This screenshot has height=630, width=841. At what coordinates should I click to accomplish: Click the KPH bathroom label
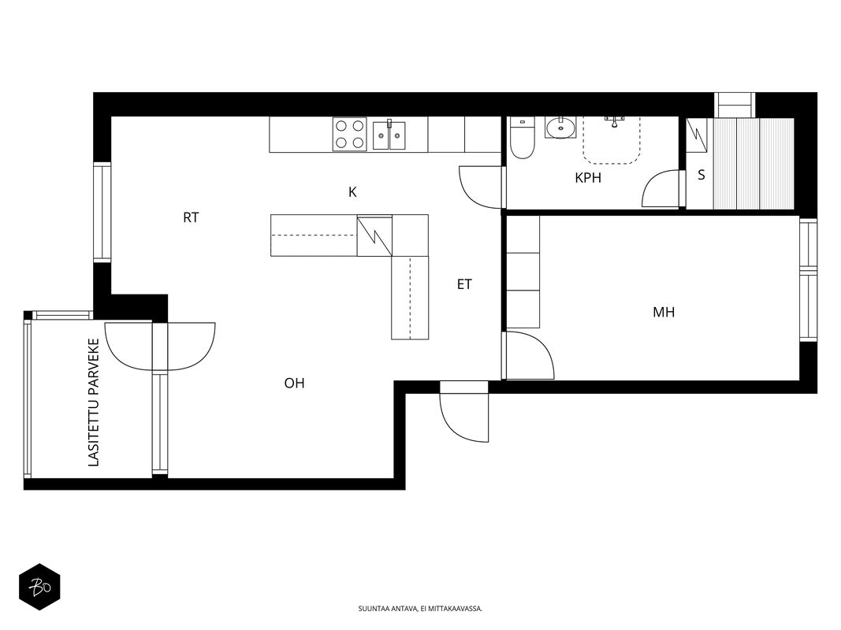pos(588,178)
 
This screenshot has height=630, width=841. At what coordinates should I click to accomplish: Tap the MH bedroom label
pos(664,312)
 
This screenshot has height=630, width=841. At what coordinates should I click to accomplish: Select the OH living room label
pos(295,383)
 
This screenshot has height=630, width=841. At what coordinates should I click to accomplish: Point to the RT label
pos(191,217)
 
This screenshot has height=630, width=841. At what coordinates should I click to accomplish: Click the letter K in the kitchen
pos(352,192)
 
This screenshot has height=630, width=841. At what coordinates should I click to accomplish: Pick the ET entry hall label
pos(464,284)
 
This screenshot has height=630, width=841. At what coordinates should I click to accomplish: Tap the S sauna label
pos(701,175)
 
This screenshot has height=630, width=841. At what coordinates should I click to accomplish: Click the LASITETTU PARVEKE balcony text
pos(94,402)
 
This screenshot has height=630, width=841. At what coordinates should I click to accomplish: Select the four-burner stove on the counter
pos(350,134)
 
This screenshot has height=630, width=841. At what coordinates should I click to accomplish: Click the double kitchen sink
pos(389,134)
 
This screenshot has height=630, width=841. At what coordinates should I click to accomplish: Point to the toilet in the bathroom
pos(522,139)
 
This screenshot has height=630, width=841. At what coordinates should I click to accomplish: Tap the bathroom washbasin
pos(560,128)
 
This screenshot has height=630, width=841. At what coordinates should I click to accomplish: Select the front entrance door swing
pos(464,411)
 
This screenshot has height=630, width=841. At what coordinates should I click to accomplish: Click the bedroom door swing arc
pos(528,355)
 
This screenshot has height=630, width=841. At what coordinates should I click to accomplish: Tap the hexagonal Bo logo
pos(39,587)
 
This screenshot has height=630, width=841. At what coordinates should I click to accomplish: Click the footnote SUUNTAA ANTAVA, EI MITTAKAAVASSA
pos(421,609)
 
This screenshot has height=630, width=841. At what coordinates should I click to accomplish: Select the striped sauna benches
pos(754,163)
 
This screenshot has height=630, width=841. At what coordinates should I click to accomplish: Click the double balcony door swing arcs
pos(160,346)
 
